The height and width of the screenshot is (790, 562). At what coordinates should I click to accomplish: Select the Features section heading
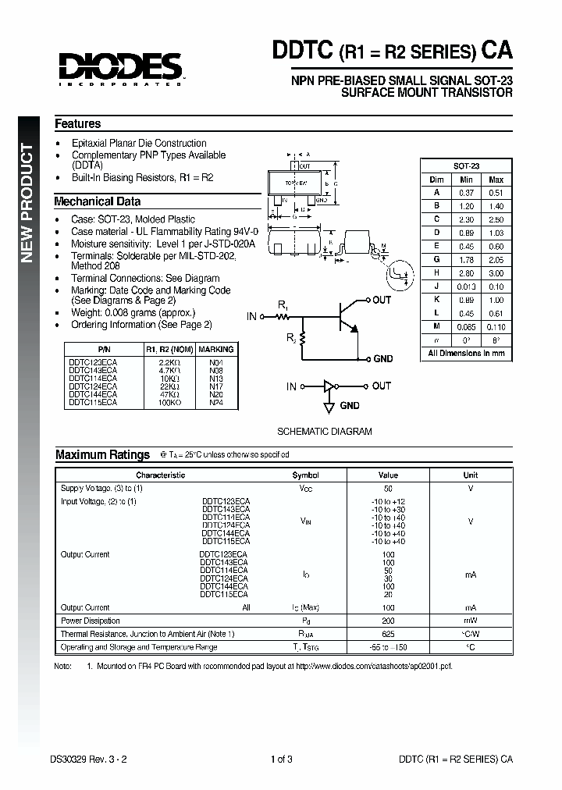(x=77, y=123)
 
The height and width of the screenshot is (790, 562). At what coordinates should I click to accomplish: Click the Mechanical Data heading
(x=97, y=201)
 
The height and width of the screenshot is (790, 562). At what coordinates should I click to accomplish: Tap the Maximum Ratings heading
(x=102, y=454)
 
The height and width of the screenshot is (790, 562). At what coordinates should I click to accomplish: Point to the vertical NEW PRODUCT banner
(x=27, y=203)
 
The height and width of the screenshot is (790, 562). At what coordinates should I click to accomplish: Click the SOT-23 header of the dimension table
(x=466, y=166)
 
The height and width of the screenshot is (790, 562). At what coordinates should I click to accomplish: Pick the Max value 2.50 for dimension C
(x=495, y=219)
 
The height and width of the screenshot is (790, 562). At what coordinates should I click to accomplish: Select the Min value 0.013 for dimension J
(x=466, y=286)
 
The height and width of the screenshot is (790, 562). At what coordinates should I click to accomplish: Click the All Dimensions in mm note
(x=466, y=353)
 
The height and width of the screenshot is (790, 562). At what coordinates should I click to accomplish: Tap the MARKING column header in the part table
(x=215, y=349)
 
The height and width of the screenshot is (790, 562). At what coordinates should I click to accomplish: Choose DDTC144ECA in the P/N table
(x=93, y=395)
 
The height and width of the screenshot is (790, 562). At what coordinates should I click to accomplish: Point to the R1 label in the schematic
(x=283, y=305)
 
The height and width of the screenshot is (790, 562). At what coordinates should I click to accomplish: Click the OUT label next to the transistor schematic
(x=382, y=300)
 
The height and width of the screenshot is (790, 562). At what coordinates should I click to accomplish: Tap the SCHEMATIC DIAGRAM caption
(x=325, y=431)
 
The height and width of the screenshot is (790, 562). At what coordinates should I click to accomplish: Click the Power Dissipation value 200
(x=388, y=621)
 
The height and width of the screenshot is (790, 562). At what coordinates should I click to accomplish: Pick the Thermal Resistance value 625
(x=388, y=634)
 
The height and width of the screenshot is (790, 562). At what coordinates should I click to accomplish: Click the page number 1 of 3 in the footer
(x=281, y=759)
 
